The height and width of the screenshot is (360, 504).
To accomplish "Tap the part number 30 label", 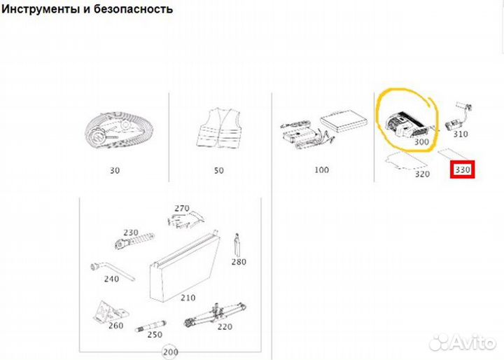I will pos(115,169).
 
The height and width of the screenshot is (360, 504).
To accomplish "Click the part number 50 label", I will pos(219,169).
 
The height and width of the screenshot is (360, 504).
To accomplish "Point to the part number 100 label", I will pos(321,169).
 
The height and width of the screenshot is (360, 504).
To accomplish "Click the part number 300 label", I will pos(421,142).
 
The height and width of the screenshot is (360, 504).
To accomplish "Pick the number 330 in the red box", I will pos(462,169).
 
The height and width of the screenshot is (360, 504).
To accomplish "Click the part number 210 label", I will pos(188,297).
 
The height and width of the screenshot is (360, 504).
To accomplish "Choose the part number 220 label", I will pos(225,326).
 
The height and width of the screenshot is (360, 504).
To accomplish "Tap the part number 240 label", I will pos(111,279).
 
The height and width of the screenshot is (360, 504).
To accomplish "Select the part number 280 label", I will pos(239,263).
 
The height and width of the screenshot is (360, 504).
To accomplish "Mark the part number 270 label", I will pos(182,208).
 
